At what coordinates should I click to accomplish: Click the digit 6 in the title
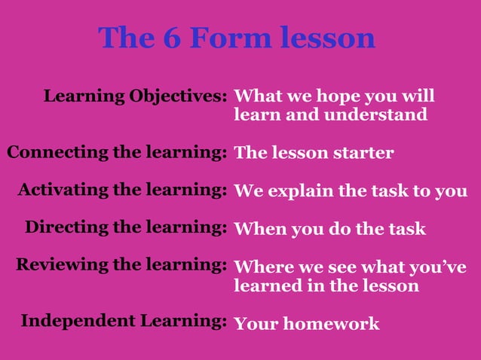tap(168, 38)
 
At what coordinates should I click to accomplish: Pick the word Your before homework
tap(253, 324)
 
